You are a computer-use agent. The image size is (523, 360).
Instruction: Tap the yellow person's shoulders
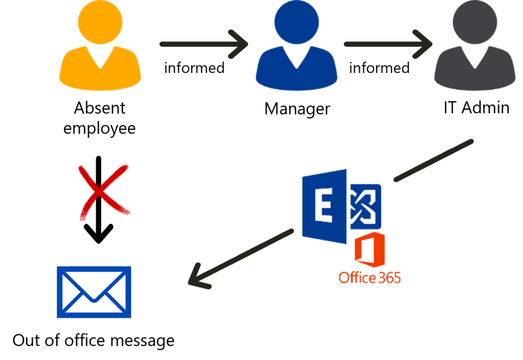pyautogui.click(x=100, y=74)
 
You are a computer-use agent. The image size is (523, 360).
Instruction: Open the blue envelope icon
pyautogui.click(x=94, y=292)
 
